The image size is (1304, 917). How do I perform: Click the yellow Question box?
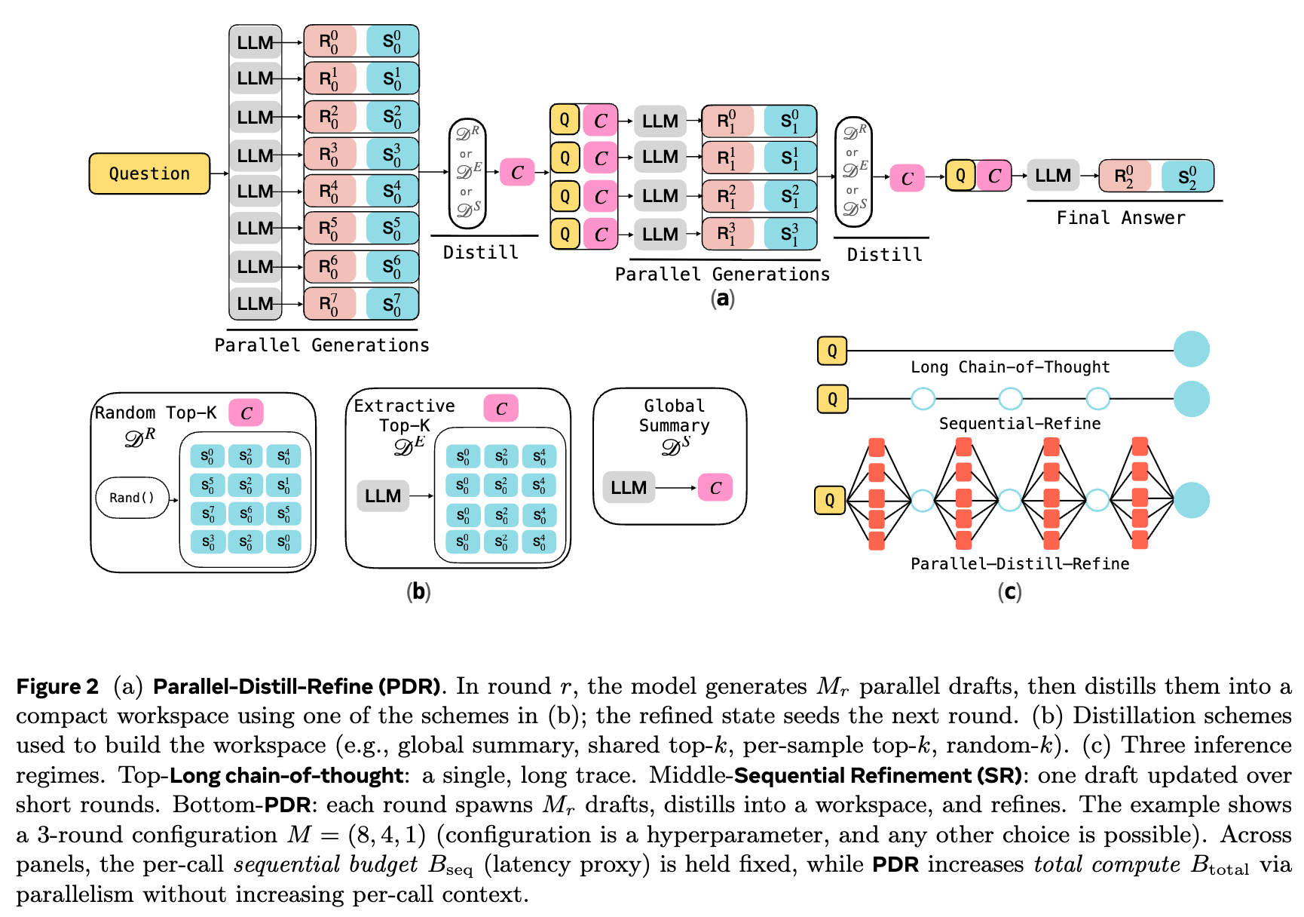[149, 173]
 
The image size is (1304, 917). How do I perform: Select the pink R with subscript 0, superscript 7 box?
[329, 304]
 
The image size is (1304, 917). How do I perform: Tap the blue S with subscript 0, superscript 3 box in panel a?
[392, 155]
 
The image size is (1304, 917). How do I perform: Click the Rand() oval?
[132, 498]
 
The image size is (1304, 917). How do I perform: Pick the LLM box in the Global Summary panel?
[629, 488]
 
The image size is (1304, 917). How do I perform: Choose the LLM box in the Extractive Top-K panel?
[383, 495]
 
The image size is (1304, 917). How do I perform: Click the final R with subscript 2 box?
[1125, 176]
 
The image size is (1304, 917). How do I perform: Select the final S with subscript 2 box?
[1187, 176]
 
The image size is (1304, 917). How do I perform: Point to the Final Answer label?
[1121, 218]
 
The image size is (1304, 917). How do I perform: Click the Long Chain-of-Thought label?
[1010, 367]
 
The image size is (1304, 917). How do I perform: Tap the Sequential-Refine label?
[1020, 424]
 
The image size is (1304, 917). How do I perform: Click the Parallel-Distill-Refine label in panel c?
[1020, 564]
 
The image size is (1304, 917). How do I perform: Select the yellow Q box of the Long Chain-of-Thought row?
[832, 351]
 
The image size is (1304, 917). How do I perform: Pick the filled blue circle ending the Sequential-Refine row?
[1192, 399]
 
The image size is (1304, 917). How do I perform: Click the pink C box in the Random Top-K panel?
[246, 412]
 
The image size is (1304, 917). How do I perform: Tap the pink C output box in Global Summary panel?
[715, 488]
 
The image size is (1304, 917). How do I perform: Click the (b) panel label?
[418, 592]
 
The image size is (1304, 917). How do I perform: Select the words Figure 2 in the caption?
[57, 686]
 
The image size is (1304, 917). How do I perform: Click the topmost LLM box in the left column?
[256, 43]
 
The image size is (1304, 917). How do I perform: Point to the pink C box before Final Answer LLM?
[994, 176]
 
